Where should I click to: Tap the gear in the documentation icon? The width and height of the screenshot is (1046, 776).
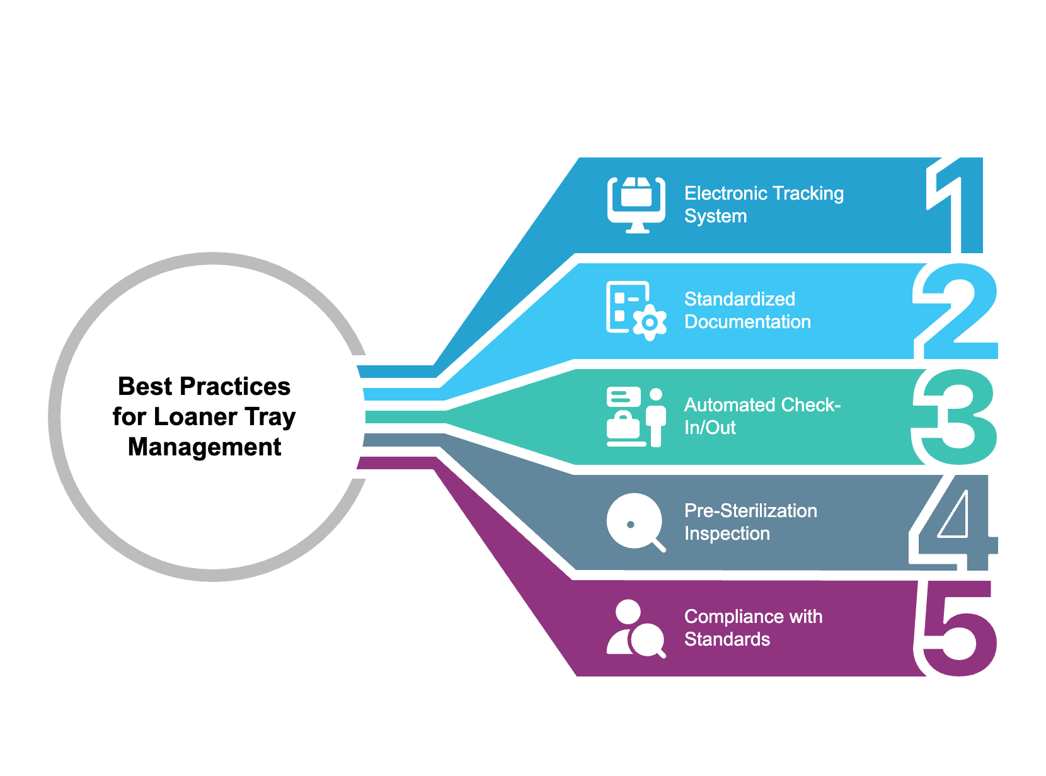(650, 323)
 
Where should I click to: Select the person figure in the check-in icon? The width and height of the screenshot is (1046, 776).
(656, 416)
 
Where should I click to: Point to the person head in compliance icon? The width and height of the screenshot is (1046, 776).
(628, 612)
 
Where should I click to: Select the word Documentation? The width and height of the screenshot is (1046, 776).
(747, 322)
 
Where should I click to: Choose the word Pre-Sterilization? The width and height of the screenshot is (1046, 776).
(750, 511)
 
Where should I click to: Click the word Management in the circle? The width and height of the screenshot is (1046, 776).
(204, 447)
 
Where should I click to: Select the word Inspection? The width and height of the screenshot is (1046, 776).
(727, 533)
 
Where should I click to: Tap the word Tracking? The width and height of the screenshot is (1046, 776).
(808, 193)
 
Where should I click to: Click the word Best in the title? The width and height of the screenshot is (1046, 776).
(145, 387)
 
